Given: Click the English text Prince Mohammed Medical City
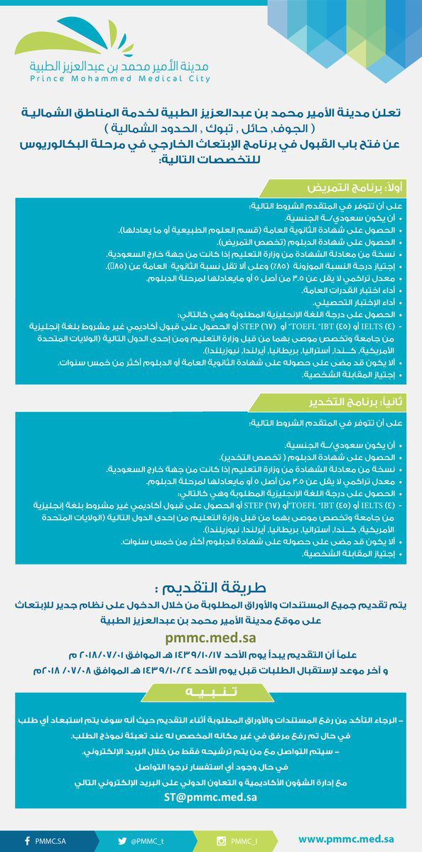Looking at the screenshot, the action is (x=120, y=80).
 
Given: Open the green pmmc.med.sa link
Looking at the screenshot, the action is (x=211, y=639).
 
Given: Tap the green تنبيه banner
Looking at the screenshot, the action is (x=210, y=690).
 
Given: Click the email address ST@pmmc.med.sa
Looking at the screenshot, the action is (x=210, y=798).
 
